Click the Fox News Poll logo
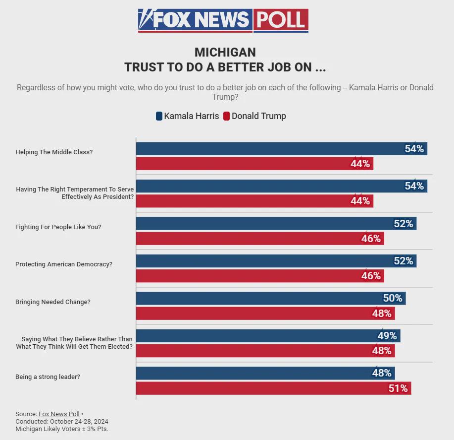tap(223, 20)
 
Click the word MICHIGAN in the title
tap(225, 53)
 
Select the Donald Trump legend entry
tap(254, 116)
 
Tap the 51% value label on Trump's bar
tap(398, 388)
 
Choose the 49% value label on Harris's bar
tap(387, 336)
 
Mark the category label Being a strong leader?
tap(48, 377)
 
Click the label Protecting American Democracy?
tap(64, 264)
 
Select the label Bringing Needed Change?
tap(53, 302)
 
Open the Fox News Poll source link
tap(59, 414)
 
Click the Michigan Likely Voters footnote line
tap(62, 429)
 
